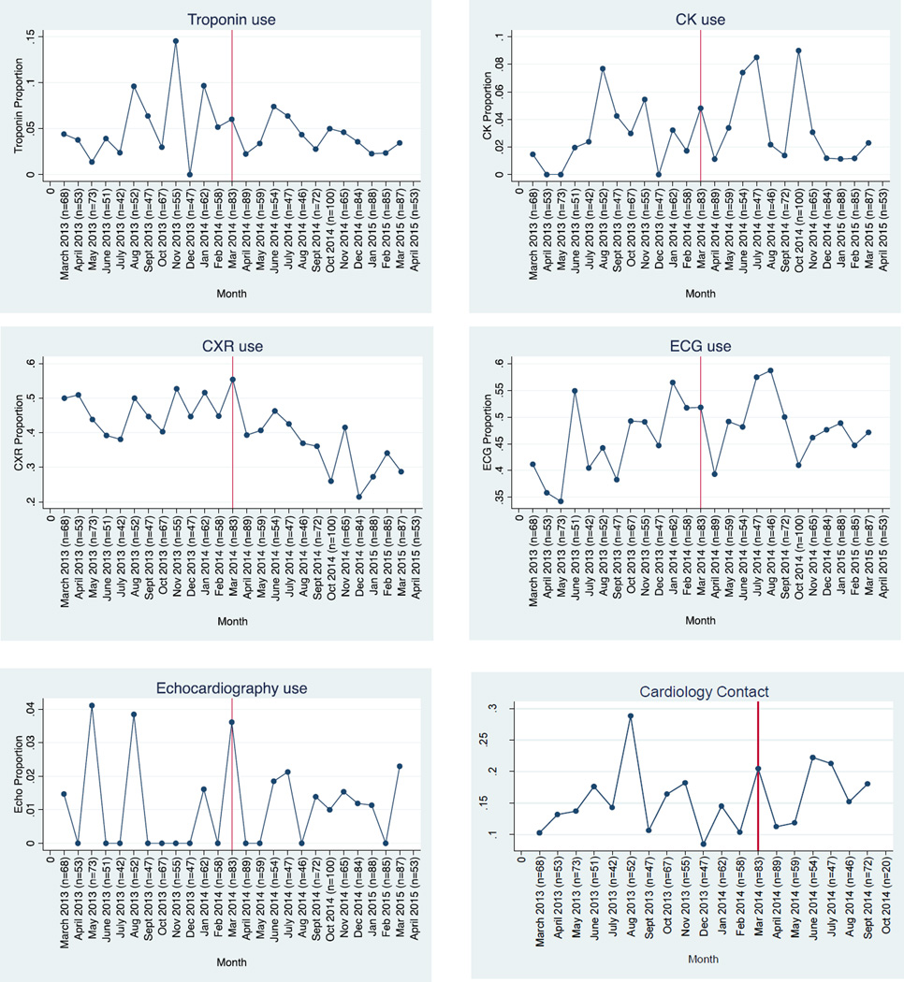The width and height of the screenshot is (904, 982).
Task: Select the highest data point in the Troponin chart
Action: (175, 41)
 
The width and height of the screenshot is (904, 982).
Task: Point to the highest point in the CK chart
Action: (798, 51)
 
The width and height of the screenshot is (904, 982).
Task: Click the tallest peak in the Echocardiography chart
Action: (92, 705)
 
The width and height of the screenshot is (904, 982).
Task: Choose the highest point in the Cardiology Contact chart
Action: (631, 715)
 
